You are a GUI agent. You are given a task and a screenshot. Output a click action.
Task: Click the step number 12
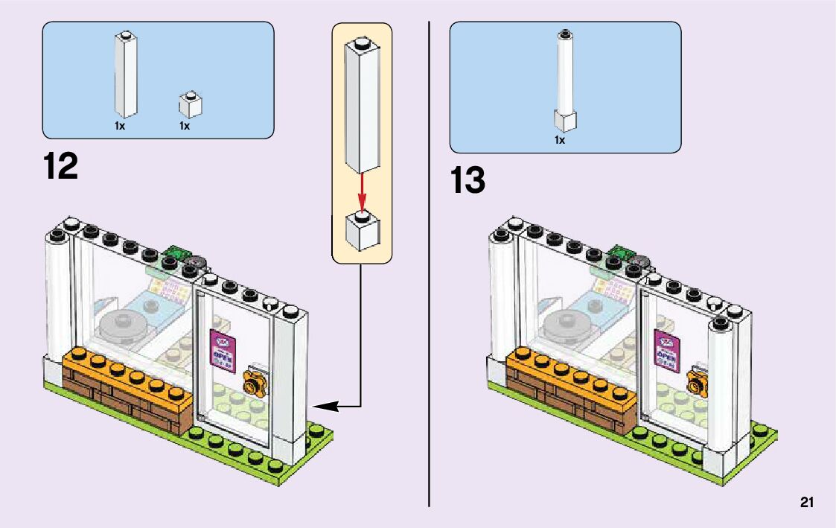point(60,166)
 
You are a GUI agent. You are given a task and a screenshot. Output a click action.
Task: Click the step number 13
point(467,181)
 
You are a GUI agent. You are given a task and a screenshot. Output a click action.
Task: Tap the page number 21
point(807,503)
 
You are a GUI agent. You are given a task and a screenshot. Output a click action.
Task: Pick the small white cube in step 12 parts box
point(191,105)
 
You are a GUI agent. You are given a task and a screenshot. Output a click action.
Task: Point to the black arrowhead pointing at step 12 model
point(324,406)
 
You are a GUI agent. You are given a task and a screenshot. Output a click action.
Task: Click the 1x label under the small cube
point(185,126)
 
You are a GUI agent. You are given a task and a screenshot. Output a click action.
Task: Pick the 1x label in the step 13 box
point(560,139)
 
